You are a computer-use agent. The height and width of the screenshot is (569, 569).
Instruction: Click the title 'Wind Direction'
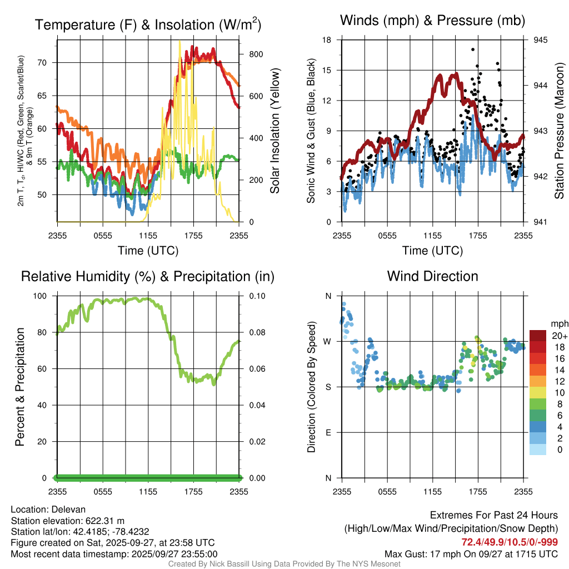tap(432, 276)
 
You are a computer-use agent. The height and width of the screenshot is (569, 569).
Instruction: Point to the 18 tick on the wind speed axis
tap(327, 40)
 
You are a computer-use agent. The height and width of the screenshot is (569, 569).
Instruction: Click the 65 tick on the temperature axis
tap(47, 96)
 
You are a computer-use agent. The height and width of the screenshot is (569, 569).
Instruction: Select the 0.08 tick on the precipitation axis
tap(257, 332)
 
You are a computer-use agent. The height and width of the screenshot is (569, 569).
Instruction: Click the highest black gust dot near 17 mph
tap(473, 49)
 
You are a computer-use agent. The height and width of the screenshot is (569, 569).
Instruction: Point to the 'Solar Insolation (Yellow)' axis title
tap(274, 131)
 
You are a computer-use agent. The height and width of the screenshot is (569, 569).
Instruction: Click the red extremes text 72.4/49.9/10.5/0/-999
tap(510, 542)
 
